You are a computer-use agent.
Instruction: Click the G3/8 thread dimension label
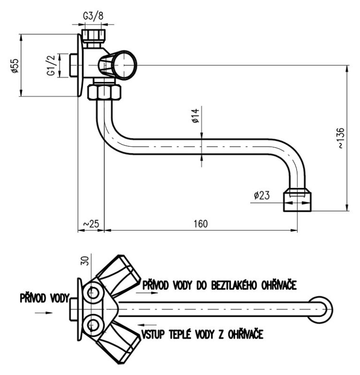pos(93,16)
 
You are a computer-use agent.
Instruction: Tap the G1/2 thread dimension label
pos(51,65)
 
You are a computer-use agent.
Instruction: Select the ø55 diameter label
pos(14,66)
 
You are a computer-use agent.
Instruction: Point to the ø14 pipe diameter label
pos(195,116)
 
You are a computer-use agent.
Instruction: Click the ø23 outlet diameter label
pos(262,195)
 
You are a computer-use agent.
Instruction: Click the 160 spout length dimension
pos(201,224)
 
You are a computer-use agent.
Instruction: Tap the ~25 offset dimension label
pos(91,224)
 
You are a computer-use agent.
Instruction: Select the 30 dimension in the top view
pos(85,261)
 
